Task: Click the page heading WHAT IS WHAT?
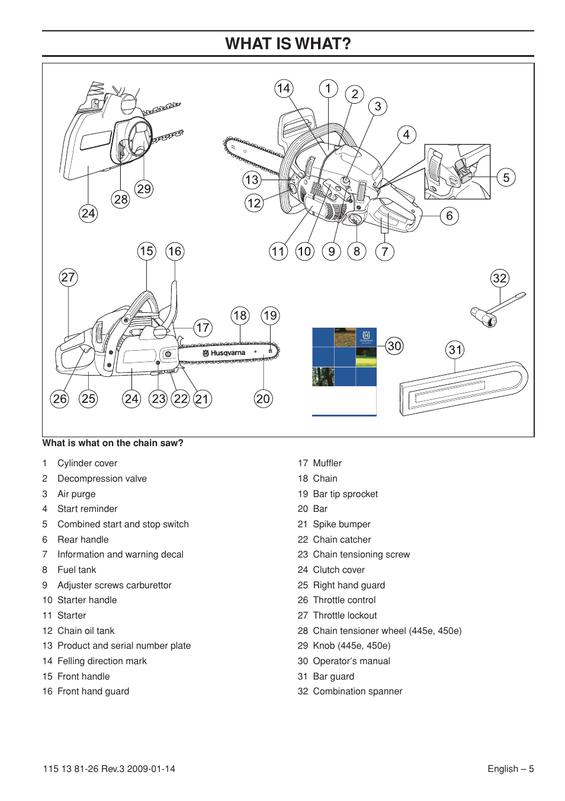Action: coord(288,44)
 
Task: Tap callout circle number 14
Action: coord(284,88)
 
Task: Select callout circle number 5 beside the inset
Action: coord(506,177)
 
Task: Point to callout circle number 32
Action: coord(500,278)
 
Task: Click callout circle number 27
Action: coord(68,277)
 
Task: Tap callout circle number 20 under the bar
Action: coord(263,399)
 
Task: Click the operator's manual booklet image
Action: coord(344,371)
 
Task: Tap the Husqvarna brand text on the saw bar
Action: coord(227,353)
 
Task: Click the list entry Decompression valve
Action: coord(102,479)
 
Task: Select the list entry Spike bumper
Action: coord(341,524)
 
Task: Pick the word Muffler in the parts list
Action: coord(327,463)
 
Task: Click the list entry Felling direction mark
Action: coord(102,661)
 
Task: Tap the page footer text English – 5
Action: coord(510,769)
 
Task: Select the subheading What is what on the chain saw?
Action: coord(113,443)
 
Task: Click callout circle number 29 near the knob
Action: coord(144,189)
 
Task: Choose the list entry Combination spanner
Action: coord(357,691)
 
